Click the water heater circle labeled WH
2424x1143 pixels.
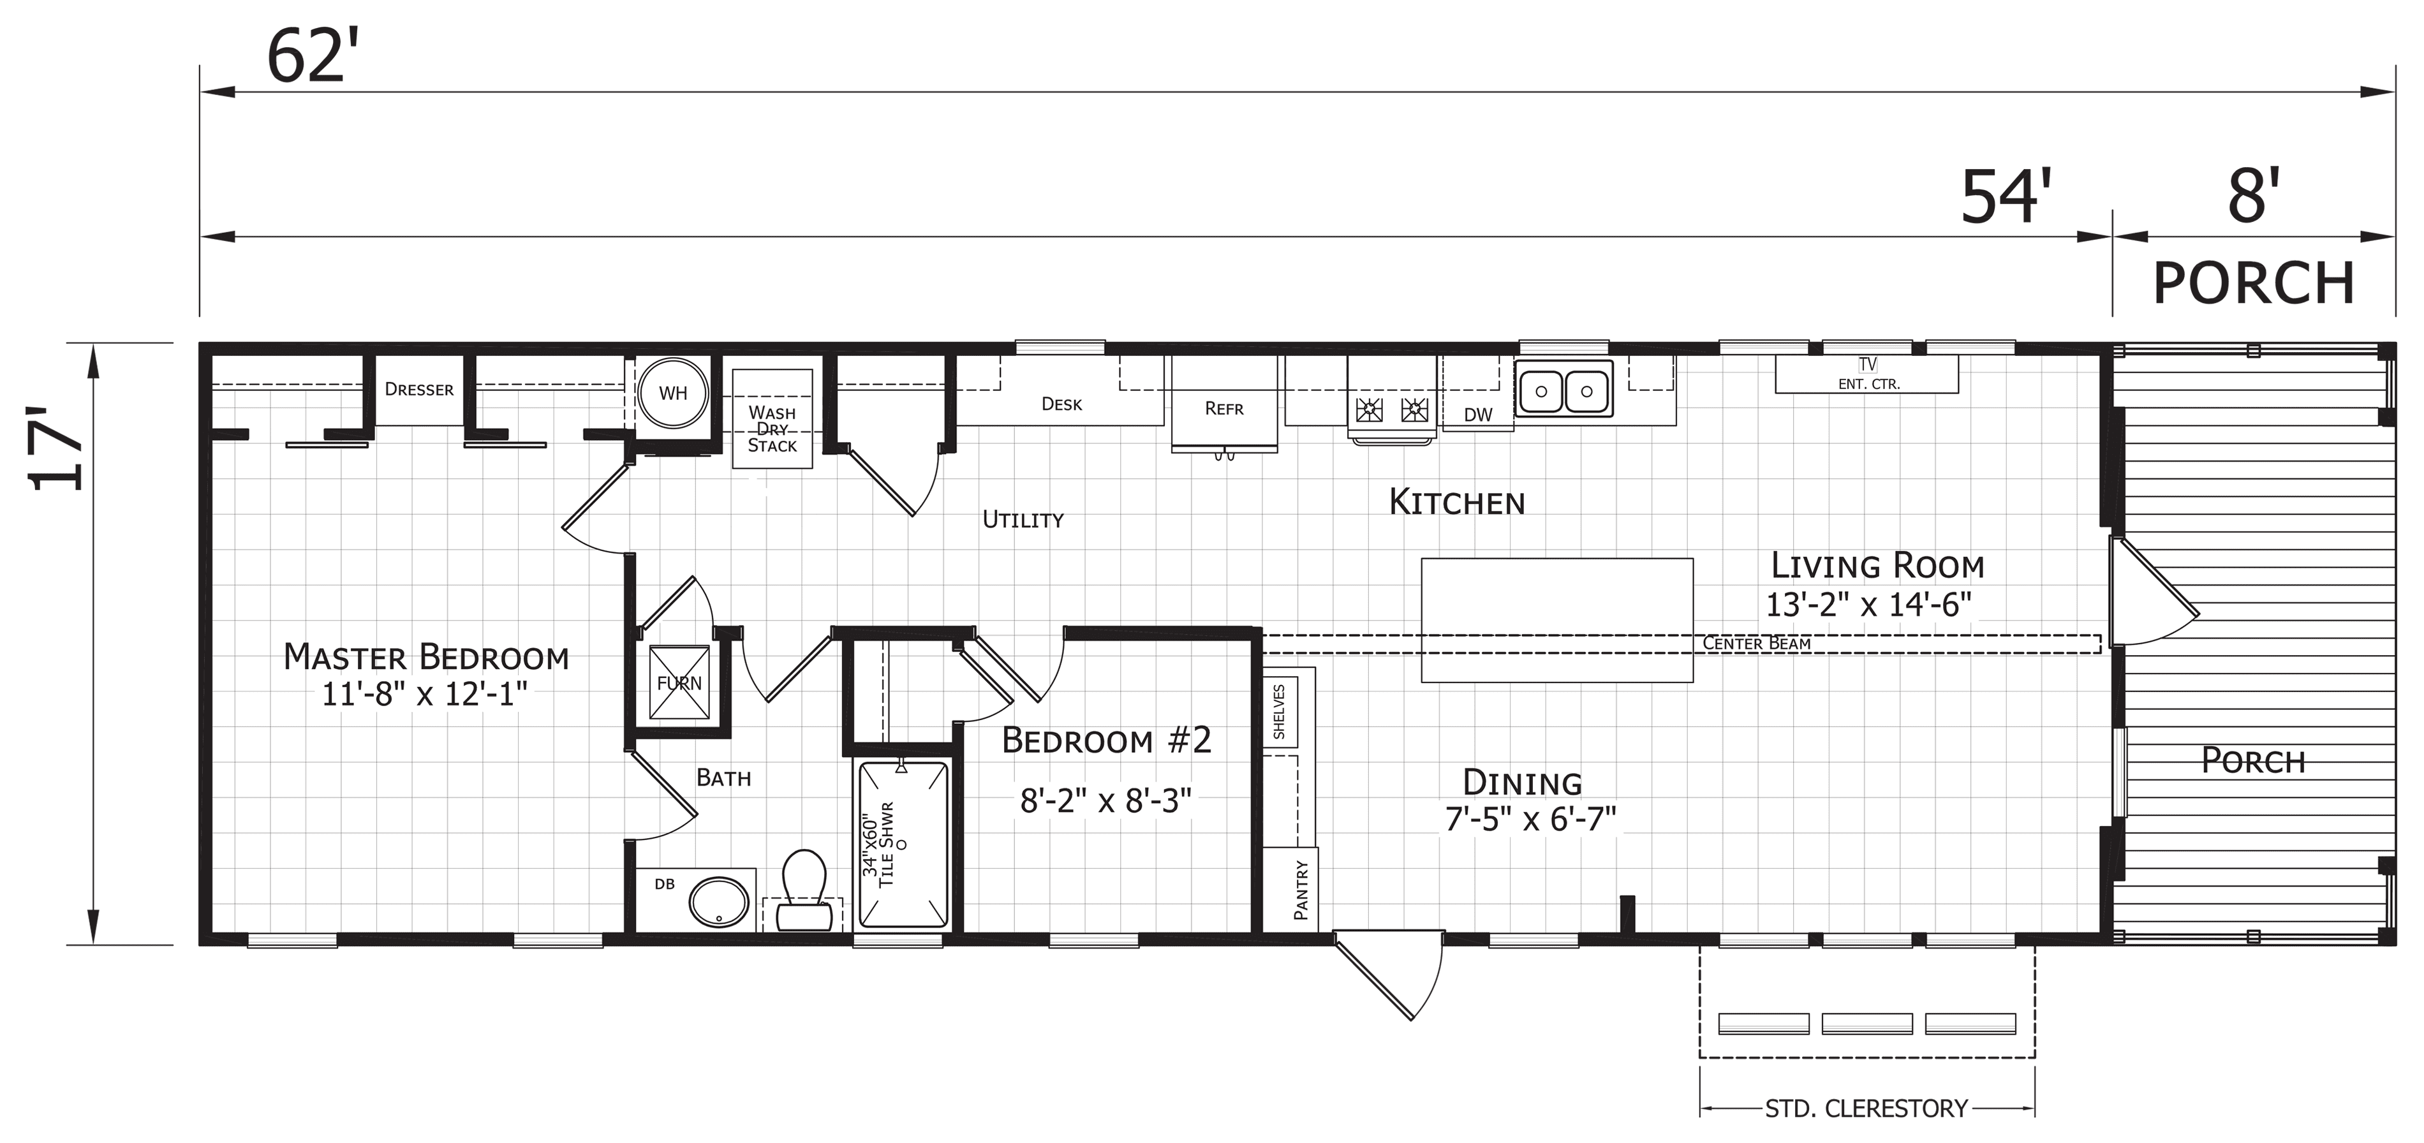coord(673,394)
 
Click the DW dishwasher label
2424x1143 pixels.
coord(1478,415)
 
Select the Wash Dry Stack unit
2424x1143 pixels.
coord(772,418)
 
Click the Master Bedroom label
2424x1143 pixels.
coord(426,656)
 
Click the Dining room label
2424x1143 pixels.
coord(1523,783)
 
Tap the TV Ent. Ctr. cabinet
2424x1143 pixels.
coord(1867,374)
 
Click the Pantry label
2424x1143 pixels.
coord(1301,889)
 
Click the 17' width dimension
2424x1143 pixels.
coord(57,449)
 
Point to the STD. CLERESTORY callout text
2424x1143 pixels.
coord(1866,1109)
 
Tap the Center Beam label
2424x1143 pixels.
coord(1757,644)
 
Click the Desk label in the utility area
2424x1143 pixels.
coord(1061,404)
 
